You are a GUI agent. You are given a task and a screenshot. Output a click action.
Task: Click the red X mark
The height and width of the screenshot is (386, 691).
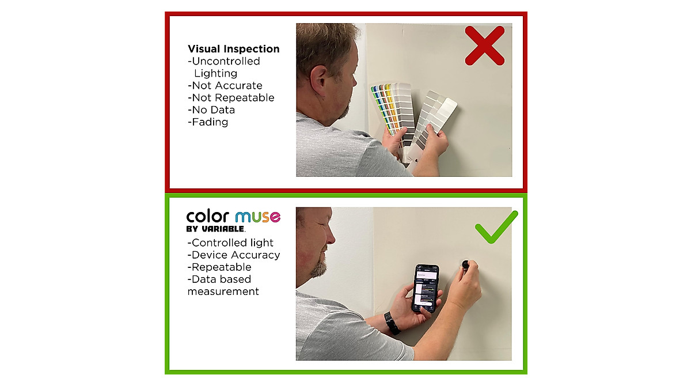484,46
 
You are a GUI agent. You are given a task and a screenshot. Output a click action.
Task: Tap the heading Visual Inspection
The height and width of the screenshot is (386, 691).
233,49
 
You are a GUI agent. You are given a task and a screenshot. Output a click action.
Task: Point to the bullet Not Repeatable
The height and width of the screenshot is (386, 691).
231,97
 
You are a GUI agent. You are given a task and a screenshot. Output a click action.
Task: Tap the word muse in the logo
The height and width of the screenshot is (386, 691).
257,217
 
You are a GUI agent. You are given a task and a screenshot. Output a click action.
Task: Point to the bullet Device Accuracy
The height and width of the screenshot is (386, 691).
234,255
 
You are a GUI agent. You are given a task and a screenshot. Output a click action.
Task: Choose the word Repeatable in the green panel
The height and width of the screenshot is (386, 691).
221,267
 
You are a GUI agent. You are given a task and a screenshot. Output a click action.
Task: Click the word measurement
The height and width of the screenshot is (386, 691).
223,292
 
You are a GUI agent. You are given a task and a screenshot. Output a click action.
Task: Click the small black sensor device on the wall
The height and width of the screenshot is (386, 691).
464,264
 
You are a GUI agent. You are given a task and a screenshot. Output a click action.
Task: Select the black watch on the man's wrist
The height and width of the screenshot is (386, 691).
392,323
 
